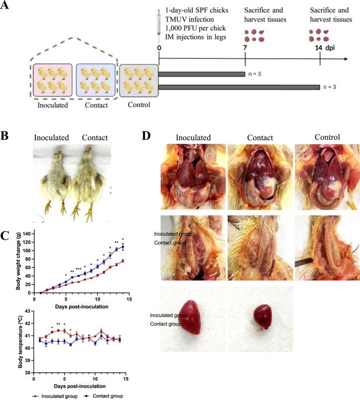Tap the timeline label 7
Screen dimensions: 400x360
pyautogui.click(x=245, y=49)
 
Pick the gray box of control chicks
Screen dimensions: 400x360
pyautogui.click(x=139, y=80)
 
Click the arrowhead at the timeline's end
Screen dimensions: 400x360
pyautogui.click(x=344, y=59)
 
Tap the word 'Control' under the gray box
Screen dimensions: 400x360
pyautogui.click(x=139, y=105)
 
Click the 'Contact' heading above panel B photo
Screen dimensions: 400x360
pyautogui.click(x=94, y=137)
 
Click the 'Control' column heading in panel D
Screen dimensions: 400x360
pyautogui.click(x=327, y=137)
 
